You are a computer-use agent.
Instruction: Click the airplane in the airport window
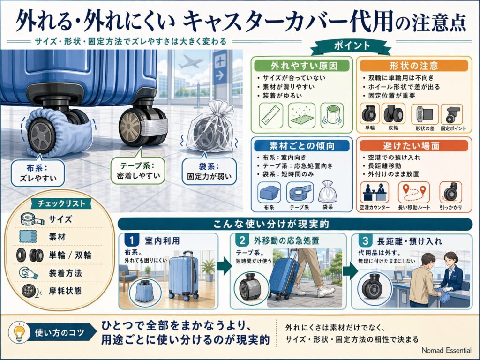pos(190,62)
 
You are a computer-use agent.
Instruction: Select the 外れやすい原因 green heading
pos(301,66)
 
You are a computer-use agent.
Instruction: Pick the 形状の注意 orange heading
pos(413,66)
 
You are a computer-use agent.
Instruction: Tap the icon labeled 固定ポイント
pos(451,114)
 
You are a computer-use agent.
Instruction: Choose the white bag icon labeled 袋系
pos(328,191)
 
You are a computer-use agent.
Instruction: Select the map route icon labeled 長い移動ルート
pos(411,193)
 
